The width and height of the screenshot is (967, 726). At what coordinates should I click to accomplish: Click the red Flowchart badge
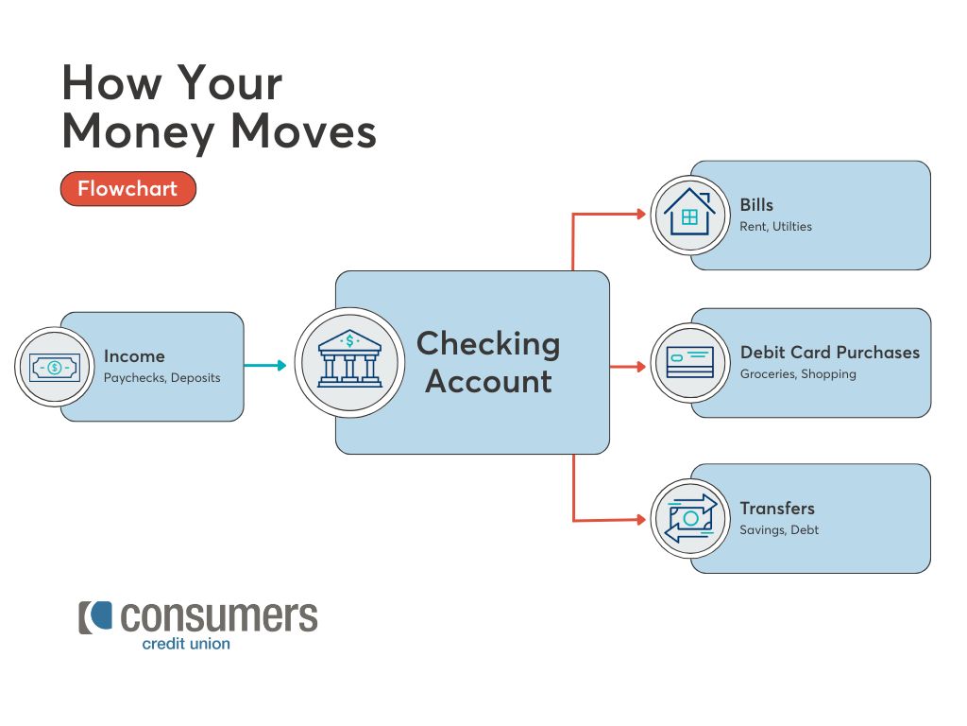coord(128,188)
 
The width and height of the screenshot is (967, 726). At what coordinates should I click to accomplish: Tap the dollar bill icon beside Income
coord(54,368)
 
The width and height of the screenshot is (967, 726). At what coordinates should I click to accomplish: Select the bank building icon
coord(349,358)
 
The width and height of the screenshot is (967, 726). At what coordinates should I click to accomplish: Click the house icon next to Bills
coord(689,212)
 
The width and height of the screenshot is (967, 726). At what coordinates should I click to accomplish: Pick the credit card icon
coord(690,362)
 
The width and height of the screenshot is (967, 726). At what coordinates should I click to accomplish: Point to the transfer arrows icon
coord(690,519)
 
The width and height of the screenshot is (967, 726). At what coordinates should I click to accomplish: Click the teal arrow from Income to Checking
coord(265,366)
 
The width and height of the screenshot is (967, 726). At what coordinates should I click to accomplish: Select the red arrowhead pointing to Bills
coord(641,215)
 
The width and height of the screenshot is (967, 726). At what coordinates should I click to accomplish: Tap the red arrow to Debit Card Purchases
coord(628,367)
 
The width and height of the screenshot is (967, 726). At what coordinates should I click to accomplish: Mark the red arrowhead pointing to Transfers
coord(641,520)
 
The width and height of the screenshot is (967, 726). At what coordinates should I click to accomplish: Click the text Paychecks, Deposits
coord(161,378)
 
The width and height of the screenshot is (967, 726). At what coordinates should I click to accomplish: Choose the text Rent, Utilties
coord(776,227)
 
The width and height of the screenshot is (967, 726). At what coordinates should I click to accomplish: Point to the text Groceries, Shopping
coord(798,374)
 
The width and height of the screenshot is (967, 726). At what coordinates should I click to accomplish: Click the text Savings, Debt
coord(779,529)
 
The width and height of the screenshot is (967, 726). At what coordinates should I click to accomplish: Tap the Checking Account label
coord(488,362)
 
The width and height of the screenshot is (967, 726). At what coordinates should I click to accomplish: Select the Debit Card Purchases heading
coord(830,352)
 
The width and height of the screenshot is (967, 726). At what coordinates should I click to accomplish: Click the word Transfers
coord(777,508)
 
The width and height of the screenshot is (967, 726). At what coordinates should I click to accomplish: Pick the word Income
coord(134,356)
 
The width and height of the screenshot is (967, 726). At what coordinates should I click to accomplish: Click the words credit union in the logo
coord(186,643)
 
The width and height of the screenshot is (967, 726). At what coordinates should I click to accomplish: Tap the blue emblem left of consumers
coord(101,616)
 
